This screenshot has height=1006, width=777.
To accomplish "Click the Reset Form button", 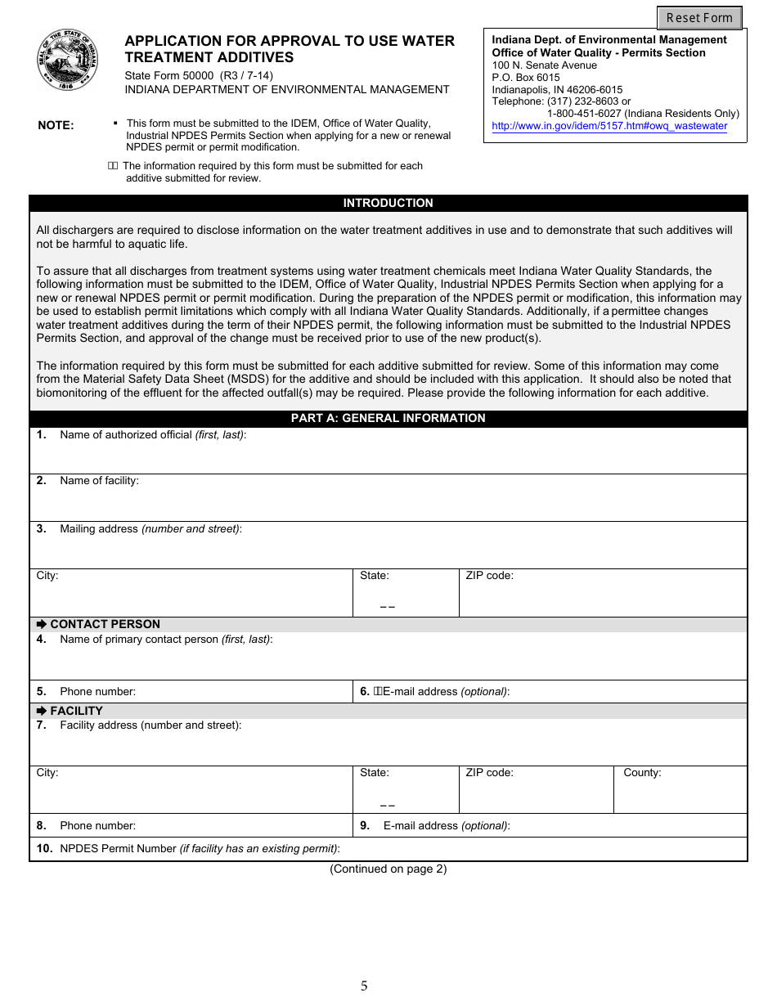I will pyautogui.click(x=699, y=18).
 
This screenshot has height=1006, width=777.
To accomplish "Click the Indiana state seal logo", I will pyautogui.click(x=67, y=61).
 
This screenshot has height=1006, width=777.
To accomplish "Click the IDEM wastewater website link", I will pyautogui.click(x=609, y=126).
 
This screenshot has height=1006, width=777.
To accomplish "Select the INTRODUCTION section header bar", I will pyautogui.click(x=388, y=203).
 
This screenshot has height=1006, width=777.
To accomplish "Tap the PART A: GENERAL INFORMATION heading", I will pyautogui.click(x=388, y=418).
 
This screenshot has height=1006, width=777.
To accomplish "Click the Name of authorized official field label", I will pyautogui.click(x=152, y=435).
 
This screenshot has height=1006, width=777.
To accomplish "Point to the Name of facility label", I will pyautogui.click(x=99, y=481).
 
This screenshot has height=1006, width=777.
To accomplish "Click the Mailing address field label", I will pyautogui.click(x=150, y=529).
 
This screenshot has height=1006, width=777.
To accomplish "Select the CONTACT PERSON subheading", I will pyautogui.click(x=105, y=624).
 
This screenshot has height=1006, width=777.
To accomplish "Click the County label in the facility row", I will pyautogui.click(x=642, y=773).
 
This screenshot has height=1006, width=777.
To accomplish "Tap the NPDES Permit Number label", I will pyautogui.click(x=200, y=849).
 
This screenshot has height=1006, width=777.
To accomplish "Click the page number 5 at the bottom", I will pyautogui.click(x=364, y=986).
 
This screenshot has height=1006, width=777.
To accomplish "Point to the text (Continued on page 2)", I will pyautogui.click(x=388, y=869).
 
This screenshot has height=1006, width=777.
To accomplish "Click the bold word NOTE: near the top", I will pyautogui.click(x=56, y=126).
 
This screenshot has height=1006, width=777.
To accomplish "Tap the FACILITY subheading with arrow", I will pyautogui.click(x=76, y=711).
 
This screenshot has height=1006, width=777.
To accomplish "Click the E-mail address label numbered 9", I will pyautogui.click(x=446, y=826).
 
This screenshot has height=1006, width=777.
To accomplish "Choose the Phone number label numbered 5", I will pyautogui.click(x=97, y=692).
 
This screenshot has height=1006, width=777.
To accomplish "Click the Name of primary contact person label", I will pyautogui.click(x=165, y=640).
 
